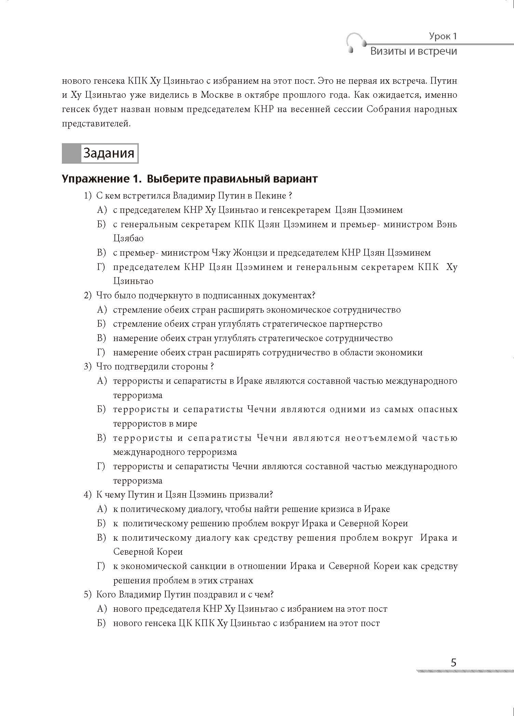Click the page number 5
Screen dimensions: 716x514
pyautogui.click(x=454, y=663)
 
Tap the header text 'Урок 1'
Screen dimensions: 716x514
pyautogui.click(x=443, y=36)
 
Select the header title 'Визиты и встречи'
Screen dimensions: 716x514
pyautogui.click(x=414, y=51)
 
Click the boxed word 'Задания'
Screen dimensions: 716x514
pyautogui.click(x=109, y=153)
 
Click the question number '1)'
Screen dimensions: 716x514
pyautogui.click(x=88, y=196)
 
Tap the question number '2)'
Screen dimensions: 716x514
pyautogui.click(x=88, y=296)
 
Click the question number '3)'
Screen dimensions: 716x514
pyautogui.click(x=88, y=367)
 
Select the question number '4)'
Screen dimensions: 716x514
pyautogui.click(x=88, y=495)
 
